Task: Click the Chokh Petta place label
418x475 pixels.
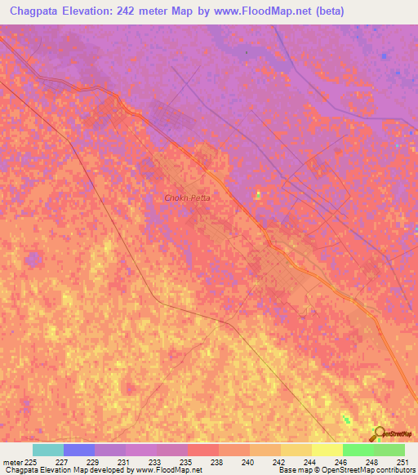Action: (188, 198)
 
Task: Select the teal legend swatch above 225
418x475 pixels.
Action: (48, 450)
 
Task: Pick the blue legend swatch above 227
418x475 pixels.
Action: (79, 450)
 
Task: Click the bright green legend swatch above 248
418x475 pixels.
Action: (358, 450)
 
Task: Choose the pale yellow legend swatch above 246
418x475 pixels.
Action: (327, 450)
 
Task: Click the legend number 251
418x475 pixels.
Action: (402, 462)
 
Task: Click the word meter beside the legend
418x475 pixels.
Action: (14, 462)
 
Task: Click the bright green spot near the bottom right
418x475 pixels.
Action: (347, 420)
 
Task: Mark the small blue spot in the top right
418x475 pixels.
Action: (384, 55)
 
